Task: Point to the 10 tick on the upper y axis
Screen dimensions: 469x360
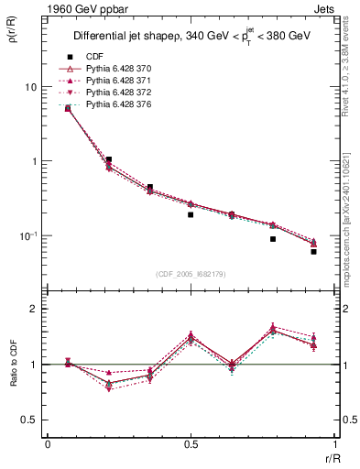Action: click(x=30, y=87)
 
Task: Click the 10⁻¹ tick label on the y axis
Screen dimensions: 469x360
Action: click(x=27, y=236)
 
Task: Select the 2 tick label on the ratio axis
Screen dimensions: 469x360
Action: click(x=36, y=309)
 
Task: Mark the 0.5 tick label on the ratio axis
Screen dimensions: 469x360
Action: click(x=31, y=420)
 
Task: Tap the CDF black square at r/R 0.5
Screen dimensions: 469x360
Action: click(x=191, y=214)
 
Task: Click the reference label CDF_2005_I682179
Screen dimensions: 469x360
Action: click(x=190, y=274)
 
